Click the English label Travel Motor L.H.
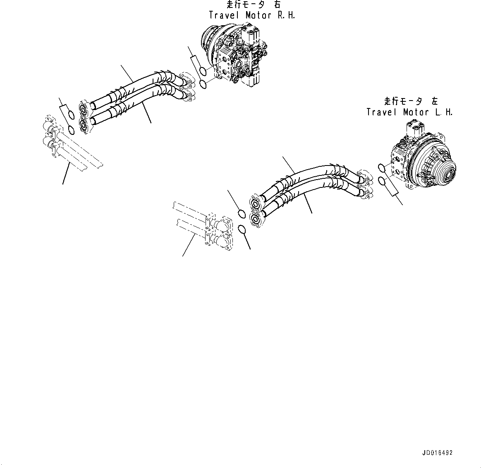[409, 112]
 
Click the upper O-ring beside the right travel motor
[202, 72]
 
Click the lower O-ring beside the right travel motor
[203, 85]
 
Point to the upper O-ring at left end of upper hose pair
[71, 115]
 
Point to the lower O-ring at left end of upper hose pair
[72, 130]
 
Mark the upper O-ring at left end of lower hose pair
[242, 214]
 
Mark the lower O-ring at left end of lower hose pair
[243, 228]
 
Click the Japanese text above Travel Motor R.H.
[253, 5]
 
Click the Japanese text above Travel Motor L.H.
[410, 101]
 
